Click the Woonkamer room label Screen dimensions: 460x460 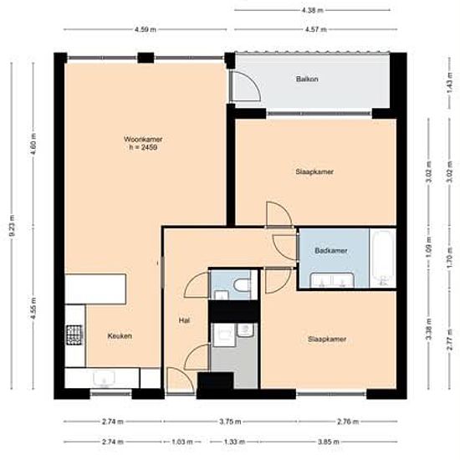[143, 139]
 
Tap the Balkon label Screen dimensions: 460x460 [307, 79]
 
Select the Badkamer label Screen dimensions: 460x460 [331, 251]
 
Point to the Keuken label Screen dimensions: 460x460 [120, 336]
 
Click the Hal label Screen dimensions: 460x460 [184, 320]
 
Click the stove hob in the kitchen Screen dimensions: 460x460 [74, 335]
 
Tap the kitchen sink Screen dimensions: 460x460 [105, 378]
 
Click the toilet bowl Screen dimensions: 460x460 [242, 284]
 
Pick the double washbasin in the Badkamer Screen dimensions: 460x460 [332, 280]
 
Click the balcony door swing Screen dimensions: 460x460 [246, 86]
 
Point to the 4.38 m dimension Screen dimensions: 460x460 [313, 10]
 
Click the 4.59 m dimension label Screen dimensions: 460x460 [146, 29]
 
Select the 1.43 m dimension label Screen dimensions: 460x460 [449, 87]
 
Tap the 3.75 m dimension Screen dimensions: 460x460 [230, 422]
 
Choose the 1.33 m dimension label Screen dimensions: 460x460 [234, 442]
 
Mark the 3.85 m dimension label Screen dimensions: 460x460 [329, 442]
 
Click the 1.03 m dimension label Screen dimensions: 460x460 [182, 442]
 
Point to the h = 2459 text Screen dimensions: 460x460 [143, 147]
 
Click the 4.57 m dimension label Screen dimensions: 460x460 [315, 29]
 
